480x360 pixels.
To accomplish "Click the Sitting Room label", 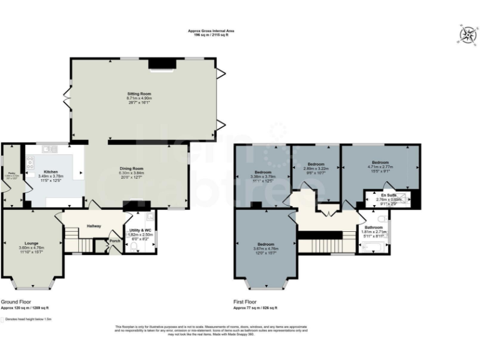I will click(x=139, y=93).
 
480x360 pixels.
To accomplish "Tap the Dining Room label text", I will click(x=132, y=168).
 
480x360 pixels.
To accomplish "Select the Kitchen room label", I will click(x=51, y=171).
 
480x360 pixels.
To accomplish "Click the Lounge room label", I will click(x=32, y=242).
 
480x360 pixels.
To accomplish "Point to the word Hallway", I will click(x=94, y=226).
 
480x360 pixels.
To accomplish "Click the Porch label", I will click(x=114, y=241).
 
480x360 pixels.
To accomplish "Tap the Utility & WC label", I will click(x=140, y=231).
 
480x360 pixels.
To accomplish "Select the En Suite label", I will click(x=389, y=195).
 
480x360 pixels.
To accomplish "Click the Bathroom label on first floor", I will click(x=374, y=227).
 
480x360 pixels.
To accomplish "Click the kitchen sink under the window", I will click(x=49, y=149).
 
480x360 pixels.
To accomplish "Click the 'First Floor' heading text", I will click(x=247, y=301).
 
